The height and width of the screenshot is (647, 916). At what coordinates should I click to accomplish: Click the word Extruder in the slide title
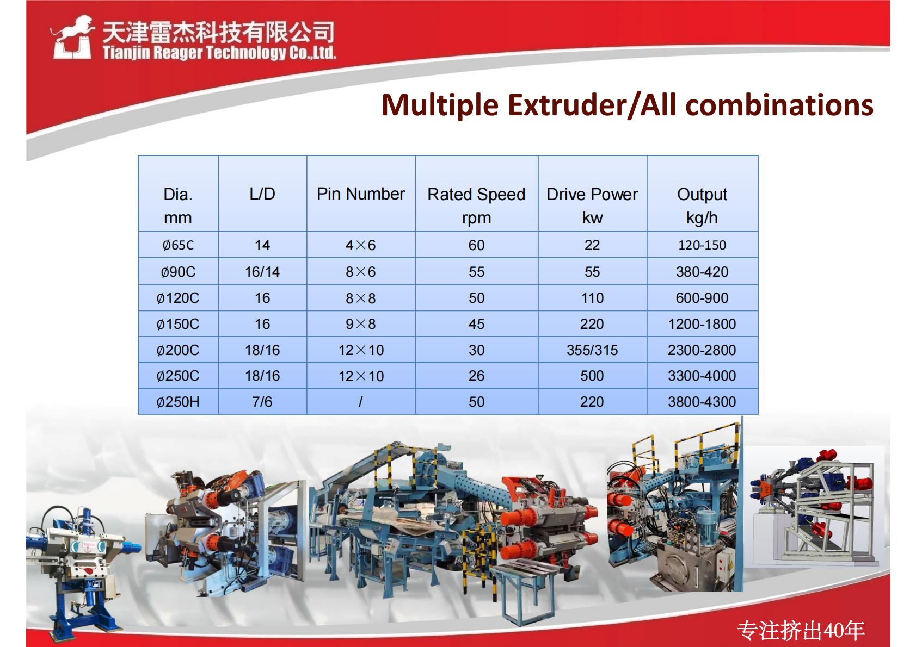coord(567,105)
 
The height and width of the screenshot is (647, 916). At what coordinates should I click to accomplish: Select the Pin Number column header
coord(361,194)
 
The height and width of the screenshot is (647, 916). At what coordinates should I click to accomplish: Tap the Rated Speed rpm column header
coord(476,206)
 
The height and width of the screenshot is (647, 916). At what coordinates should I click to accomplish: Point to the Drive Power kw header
coord(592,206)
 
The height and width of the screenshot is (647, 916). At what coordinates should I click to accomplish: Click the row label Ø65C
coord(178,245)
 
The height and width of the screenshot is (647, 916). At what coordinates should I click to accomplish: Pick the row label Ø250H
coord(178,402)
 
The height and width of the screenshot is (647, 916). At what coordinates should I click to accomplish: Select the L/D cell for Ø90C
coord(262,272)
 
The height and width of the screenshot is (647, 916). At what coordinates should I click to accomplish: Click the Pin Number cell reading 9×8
coord(361,325)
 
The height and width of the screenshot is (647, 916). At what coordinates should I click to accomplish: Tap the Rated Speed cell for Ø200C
coord(476,351)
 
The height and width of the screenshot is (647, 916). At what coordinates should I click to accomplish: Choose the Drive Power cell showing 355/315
coord(592,351)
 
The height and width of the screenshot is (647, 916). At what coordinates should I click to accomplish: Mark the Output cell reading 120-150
coord(702,245)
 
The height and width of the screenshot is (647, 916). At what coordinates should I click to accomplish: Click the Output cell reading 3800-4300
coord(702,402)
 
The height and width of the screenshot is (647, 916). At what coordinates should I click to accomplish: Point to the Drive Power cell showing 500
coord(592,376)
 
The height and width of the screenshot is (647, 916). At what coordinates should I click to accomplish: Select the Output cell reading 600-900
coord(702,298)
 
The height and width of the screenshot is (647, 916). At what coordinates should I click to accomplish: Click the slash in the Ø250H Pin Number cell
coord(360,402)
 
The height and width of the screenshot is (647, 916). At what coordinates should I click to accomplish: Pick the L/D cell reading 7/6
coord(262,402)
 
